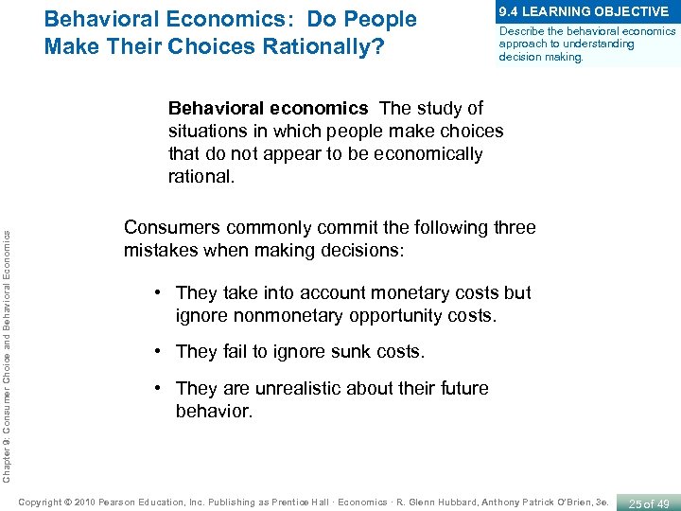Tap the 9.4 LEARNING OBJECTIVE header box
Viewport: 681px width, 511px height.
pos(584,11)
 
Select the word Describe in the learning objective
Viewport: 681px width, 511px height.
pos(516,31)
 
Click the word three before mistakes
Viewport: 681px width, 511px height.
pos(511,227)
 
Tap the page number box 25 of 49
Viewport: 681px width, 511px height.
pos(648,501)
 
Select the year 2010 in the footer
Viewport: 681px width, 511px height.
pos(82,501)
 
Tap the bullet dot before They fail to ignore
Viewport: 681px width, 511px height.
pos(163,351)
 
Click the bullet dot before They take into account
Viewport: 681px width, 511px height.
pos(163,293)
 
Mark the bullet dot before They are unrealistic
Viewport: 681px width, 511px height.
pos(163,388)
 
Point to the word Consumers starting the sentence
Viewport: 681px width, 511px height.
pos(170,227)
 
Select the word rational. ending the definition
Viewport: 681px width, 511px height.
pos(201,176)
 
